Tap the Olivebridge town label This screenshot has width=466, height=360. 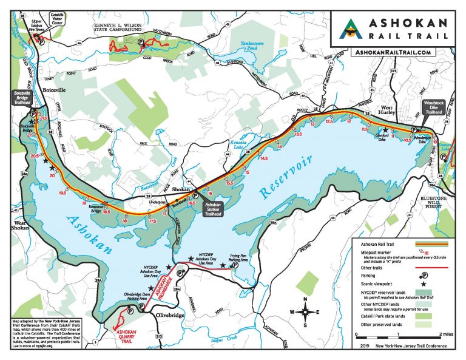164,315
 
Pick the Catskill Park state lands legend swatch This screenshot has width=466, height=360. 425,316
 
